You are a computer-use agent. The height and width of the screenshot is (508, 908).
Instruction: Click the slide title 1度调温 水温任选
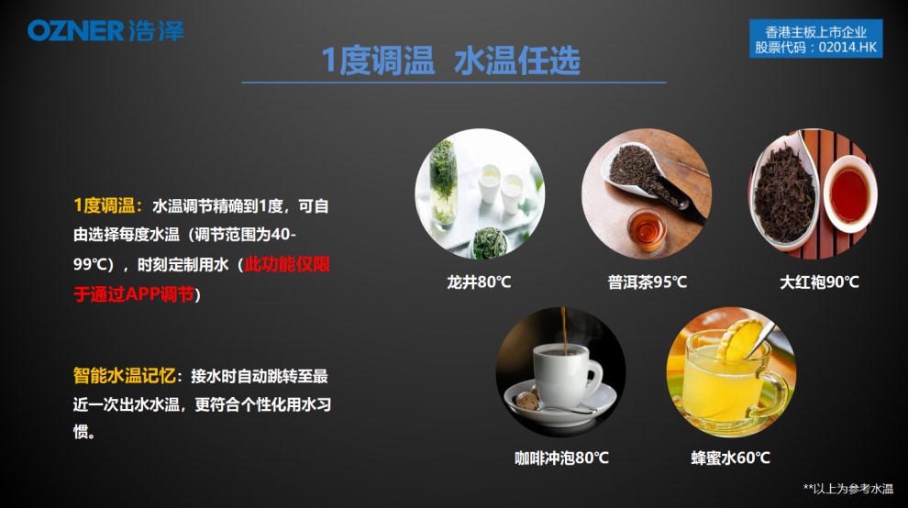(x=450, y=61)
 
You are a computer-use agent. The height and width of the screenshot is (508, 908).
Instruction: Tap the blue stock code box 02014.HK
(x=816, y=39)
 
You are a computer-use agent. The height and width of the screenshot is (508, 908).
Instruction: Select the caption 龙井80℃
(x=479, y=282)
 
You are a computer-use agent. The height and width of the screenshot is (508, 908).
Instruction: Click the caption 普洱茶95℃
(x=647, y=282)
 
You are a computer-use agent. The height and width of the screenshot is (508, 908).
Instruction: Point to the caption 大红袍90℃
(x=819, y=282)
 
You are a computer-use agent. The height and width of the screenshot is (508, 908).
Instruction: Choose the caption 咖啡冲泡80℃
(x=561, y=458)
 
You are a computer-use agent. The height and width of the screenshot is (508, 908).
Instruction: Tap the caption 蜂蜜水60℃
(x=730, y=458)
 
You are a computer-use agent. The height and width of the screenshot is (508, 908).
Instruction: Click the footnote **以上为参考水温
(x=847, y=489)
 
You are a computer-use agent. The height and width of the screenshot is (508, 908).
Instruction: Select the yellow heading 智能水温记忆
(x=124, y=376)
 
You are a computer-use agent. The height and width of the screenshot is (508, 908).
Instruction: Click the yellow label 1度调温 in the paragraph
(x=104, y=205)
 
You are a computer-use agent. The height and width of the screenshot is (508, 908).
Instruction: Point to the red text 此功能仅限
(x=287, y=265)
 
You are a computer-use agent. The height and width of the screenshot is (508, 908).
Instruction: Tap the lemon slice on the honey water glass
(x=739, y=339)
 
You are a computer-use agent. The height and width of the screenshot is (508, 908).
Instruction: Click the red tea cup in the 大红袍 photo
(x=849, y=194)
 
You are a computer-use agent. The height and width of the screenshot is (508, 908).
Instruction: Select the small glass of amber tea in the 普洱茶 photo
(x=647, y=229)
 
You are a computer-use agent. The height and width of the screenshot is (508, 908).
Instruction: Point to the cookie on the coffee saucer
(x=526, y=401)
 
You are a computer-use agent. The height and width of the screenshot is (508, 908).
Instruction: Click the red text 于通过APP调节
(x=134, y=294)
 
